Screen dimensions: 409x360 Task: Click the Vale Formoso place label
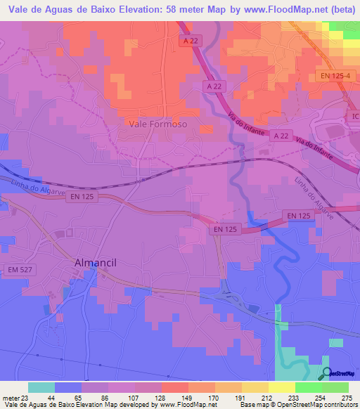[158, 123]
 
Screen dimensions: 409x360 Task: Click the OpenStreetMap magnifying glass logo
[326, 374]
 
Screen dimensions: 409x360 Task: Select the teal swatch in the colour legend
[41, 387]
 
